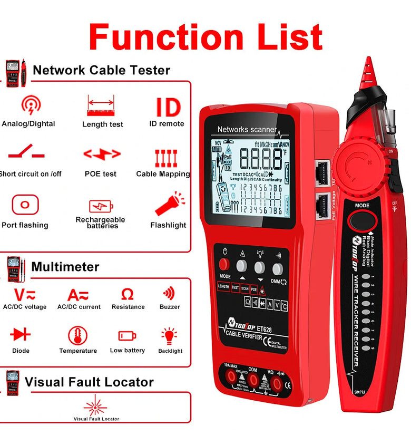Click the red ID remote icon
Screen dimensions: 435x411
169,107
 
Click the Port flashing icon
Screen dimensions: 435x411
25,205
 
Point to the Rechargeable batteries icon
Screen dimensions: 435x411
101,206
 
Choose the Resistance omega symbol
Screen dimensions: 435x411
128,294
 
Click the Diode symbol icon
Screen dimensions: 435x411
21,334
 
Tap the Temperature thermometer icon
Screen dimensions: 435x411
78,335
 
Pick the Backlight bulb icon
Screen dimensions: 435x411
169,336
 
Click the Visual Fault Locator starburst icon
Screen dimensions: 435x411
95,405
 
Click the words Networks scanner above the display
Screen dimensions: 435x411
247,129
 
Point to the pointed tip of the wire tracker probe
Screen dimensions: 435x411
365,60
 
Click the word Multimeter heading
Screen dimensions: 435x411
65,266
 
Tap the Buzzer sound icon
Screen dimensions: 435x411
169,293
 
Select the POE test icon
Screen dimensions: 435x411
102,154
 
